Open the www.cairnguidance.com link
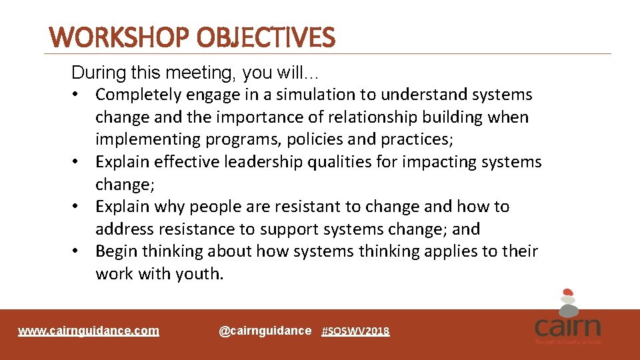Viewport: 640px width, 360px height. [89, 331]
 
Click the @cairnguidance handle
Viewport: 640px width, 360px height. [265, 331]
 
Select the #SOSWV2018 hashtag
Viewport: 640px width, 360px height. [355, 331]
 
